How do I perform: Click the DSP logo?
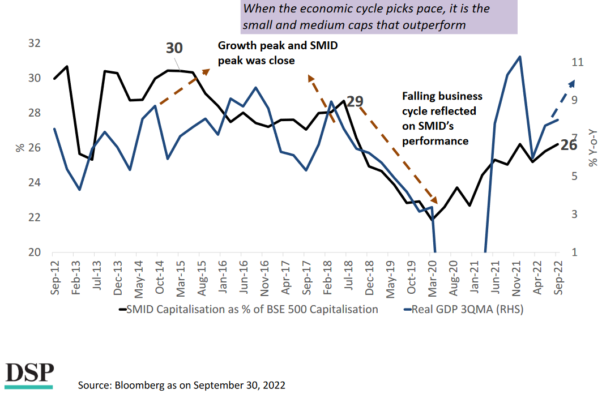click(x=29, y=374)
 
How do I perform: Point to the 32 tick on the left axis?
click(x=34, y=44)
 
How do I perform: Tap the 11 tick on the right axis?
click(x=577, y=62)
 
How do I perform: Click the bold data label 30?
click(x=174, y=48)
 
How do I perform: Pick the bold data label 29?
click(x=355, y=102)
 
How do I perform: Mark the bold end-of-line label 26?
click(x=569, y=144)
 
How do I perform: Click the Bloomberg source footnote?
click(x=182, y=385)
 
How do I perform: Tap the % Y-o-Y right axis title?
click(x=592, y=149)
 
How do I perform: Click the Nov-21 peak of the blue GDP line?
click(x=519, y=57)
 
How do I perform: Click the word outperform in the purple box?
click(x=436, y=25)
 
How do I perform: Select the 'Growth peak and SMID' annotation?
click(x=277, y=46)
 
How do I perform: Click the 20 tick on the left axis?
click(x=34, y=252)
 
